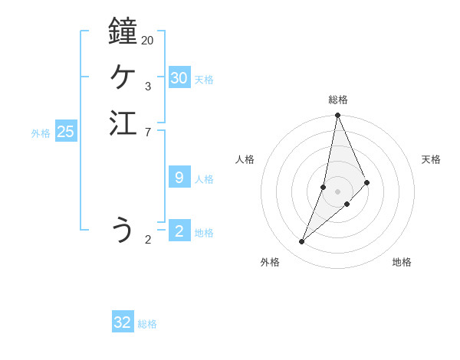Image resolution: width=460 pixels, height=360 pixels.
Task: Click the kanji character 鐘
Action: [123, 31]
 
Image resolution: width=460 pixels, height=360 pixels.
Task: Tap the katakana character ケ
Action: [123, 77]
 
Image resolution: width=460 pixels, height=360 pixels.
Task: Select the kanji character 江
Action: [123, 123]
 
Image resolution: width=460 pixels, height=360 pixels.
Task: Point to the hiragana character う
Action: [123, 229]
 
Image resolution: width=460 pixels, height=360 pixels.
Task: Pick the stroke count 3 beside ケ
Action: [147, 86]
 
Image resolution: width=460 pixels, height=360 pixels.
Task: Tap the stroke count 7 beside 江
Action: [147, 133]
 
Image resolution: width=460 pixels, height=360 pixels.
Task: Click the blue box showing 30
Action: [179, 78]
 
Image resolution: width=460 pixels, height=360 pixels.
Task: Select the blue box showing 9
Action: [179, 178]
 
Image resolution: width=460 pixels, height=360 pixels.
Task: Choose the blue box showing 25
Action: [66, 132]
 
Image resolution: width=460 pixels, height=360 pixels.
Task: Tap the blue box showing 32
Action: [123, 322]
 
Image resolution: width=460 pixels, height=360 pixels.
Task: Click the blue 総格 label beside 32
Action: [147, 324]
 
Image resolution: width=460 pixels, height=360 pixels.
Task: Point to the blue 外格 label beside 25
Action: [41, 133]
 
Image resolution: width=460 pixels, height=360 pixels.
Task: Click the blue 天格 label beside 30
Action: [204, 80]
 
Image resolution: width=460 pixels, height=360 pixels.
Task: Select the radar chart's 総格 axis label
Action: [338, 100]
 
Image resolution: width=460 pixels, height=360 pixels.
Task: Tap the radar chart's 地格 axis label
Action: [402, 262]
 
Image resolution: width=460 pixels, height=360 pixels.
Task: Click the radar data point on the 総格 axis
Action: [338, 116]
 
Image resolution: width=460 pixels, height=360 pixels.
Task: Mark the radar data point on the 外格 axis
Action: [302, 241]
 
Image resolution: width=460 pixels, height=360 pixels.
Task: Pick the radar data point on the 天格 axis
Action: [367, 182]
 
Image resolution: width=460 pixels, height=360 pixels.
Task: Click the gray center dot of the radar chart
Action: [338, 191]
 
